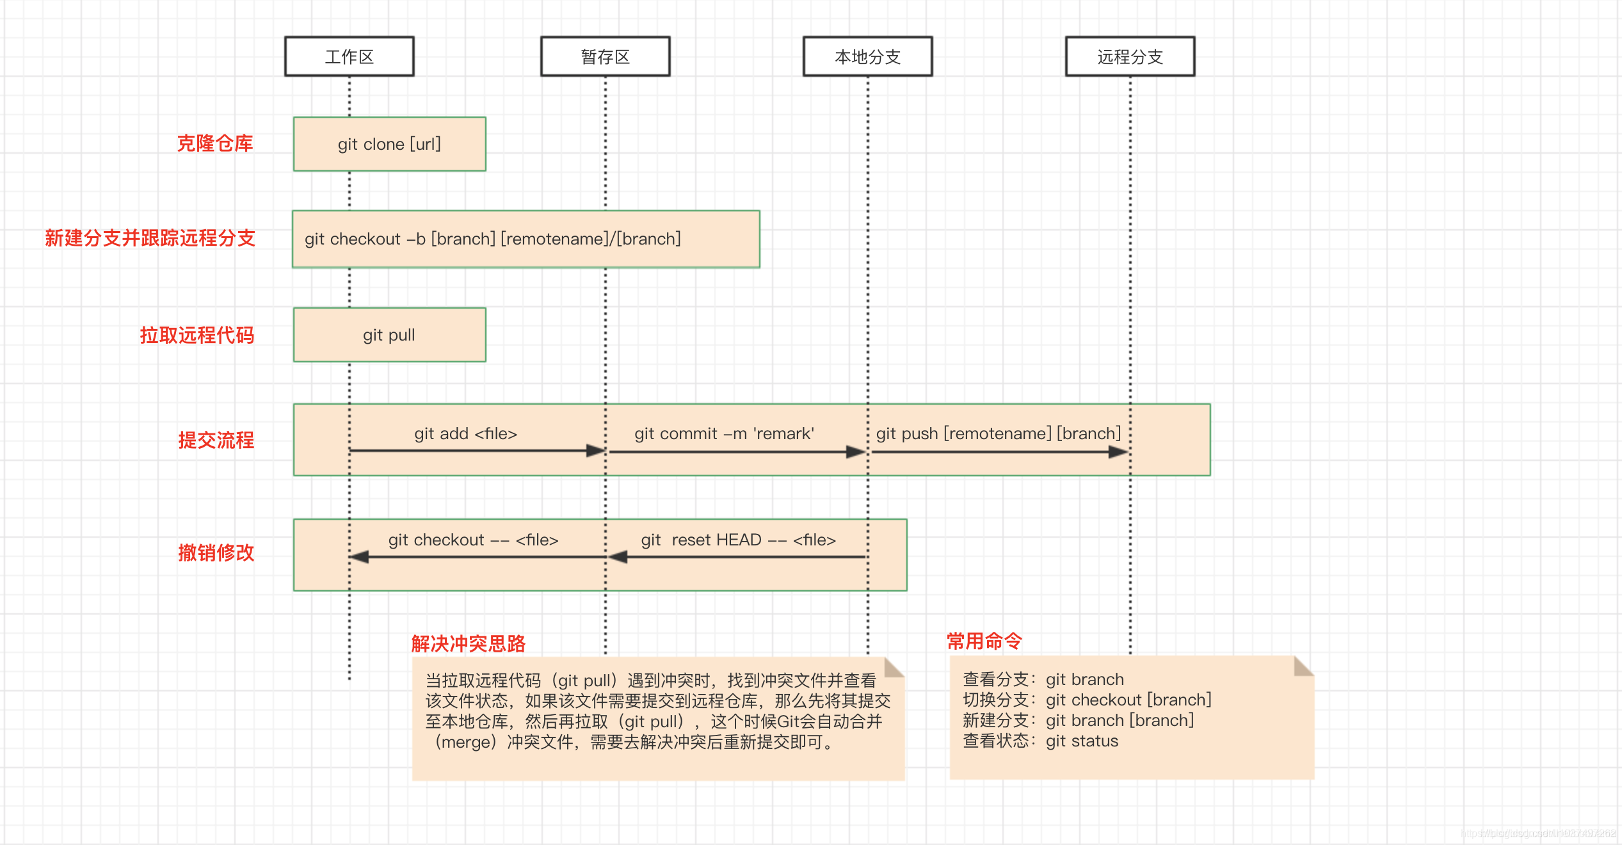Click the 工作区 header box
coord(349,57)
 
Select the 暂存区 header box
coord(606,57)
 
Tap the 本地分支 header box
coord(868,57)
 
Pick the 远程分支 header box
coord(1130,57)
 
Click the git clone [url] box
coord(390,144)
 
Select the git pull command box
coord(390,335)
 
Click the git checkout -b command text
coord(493,239)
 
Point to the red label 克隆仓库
coord(215,143)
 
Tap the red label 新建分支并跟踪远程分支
coord(150,238)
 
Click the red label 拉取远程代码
coord(197,335)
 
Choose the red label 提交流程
coord(216,440)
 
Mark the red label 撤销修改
coord(216,553)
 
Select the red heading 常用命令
coord(984,641)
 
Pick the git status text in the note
coord(1082,741)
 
